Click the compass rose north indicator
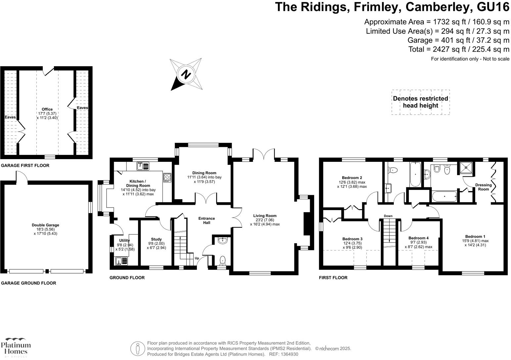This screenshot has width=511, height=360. pos(186,74)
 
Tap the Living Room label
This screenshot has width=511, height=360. pos(265,216)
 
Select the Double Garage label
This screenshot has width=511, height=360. pos(45,225)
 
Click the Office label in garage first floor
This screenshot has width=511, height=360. pos(47,109)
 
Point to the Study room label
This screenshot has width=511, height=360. pos(156,239)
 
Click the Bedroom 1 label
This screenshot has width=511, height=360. pos(475,236)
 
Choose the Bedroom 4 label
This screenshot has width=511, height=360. pos(418,238)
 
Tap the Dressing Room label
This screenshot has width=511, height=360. pos(483,187)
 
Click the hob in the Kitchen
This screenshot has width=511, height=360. pos(167,178)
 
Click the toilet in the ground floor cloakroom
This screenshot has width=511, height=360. pos(223,260)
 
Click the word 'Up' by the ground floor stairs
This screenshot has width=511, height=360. pos(197,258)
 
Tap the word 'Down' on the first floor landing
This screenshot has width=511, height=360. pos(388,216)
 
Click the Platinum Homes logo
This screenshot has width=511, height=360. pos(16,347)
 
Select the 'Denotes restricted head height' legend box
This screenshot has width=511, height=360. pos(420,102)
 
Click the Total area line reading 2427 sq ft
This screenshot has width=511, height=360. pos(459,49)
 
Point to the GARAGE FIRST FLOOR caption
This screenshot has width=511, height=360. pos(25,165)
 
